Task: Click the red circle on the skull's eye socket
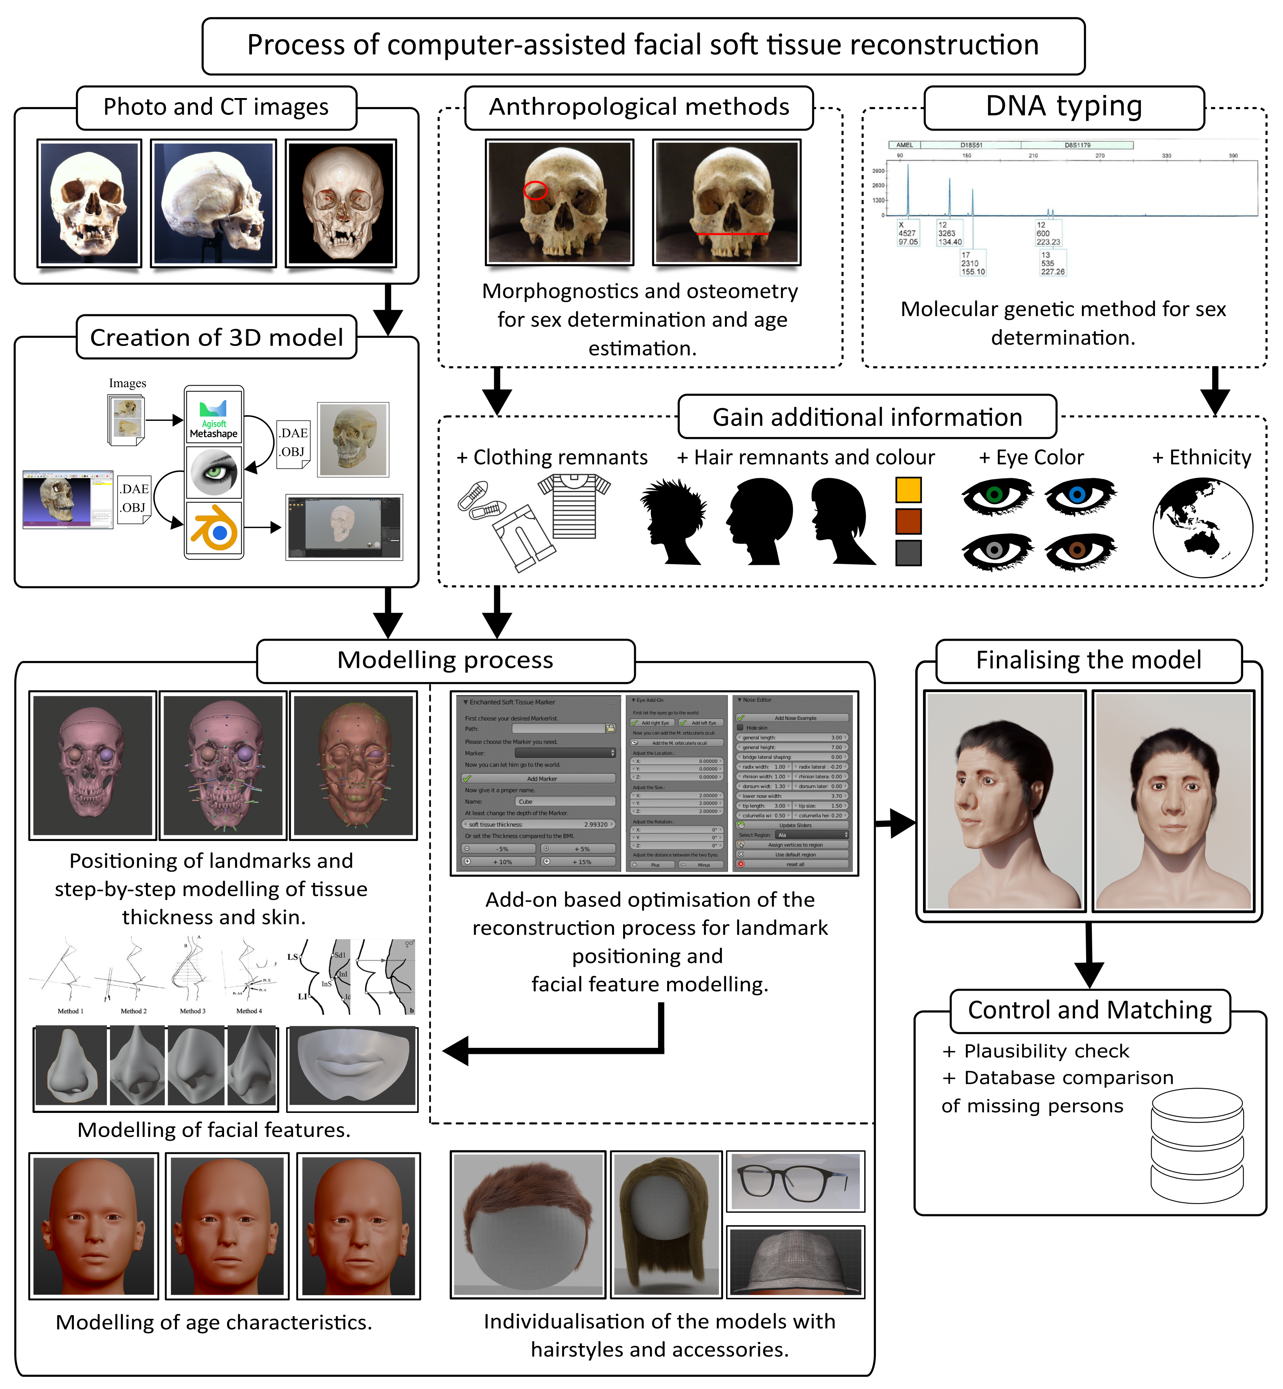click(x=535, y=190)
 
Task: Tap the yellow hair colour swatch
click(x=908, y=490)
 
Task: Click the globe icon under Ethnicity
click(x=1203, y=528)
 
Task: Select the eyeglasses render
click(x=795, y=1181)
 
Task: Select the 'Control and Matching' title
click(x=1089, y=1010)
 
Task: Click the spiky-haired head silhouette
click(x=673, y=520)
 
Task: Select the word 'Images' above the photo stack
click(x=128, y=383)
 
